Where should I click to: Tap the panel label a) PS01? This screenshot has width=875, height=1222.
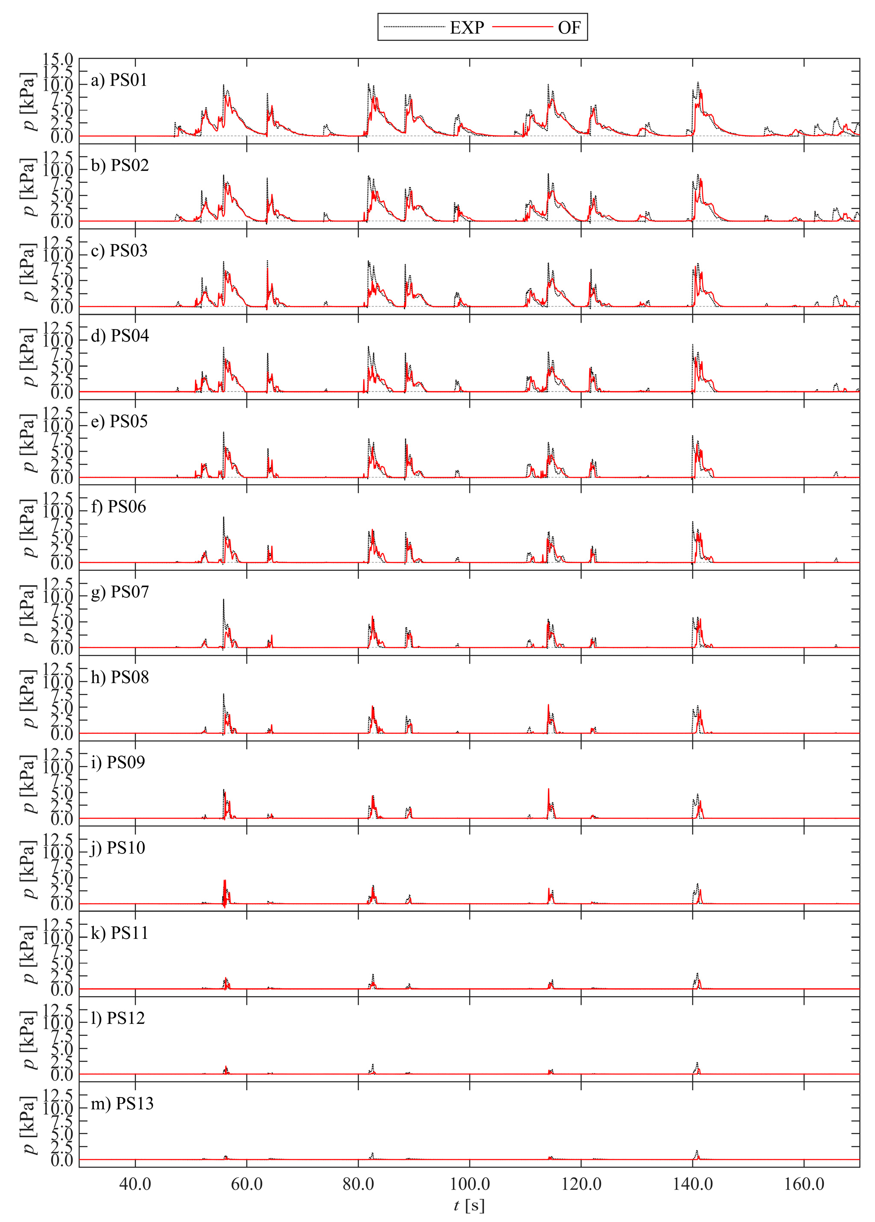(119, 80)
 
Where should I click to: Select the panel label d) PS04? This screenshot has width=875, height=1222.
(120, 336)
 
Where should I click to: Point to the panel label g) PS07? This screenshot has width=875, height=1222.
(120, 592)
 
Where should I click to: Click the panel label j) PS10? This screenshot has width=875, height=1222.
(117, 848)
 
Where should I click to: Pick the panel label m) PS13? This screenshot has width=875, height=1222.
(122, 1104)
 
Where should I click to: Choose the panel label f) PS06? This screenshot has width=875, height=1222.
(118, 507)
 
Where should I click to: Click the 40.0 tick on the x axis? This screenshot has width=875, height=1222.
(135, 1184)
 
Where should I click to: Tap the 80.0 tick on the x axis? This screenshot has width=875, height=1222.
(358, 1184)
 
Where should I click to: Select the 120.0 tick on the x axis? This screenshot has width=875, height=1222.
(581, 1184)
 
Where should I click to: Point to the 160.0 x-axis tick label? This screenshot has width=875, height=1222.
(804, 1184)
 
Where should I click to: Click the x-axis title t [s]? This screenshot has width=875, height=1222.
(469, 1206)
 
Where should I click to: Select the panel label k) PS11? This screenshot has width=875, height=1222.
(119, 933)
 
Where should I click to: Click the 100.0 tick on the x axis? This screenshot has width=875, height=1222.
(469, 1184)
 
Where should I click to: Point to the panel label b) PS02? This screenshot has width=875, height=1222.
(120, 166)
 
